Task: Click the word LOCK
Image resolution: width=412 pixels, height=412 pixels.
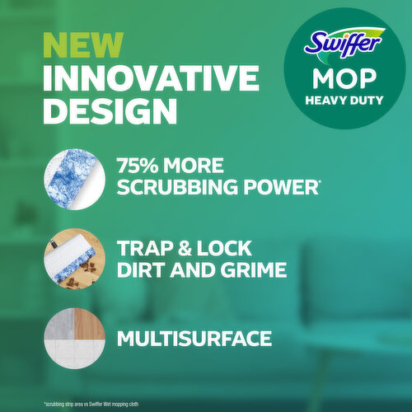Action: point(230,248)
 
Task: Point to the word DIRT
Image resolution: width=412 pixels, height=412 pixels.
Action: point(143,270)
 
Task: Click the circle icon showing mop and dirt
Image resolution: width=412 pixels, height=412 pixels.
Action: point(74,257)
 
